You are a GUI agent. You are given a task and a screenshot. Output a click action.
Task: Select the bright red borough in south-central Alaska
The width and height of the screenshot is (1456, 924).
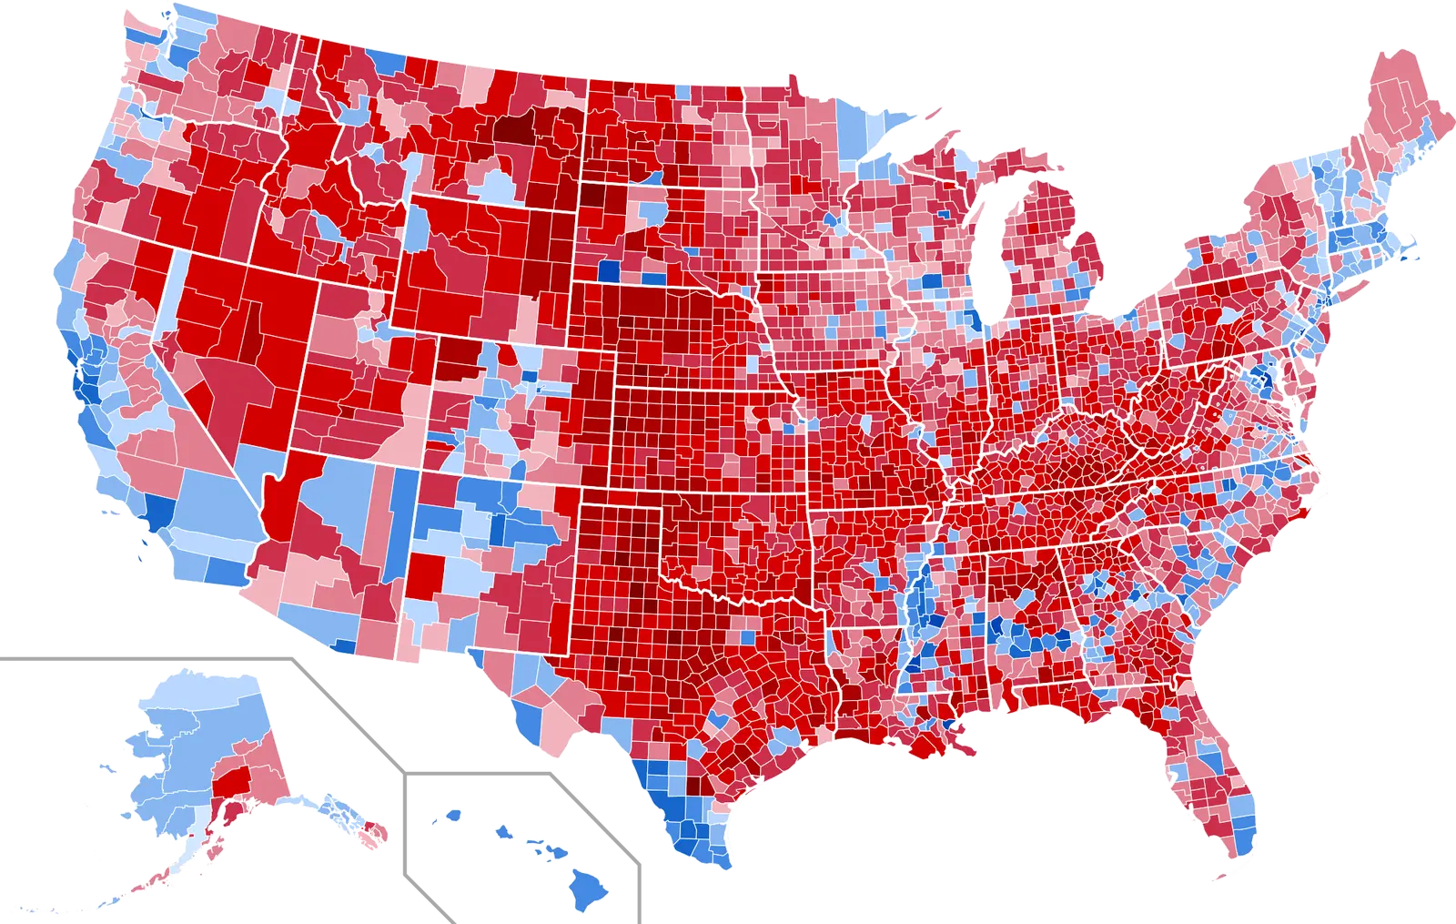[x=229, y=784]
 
